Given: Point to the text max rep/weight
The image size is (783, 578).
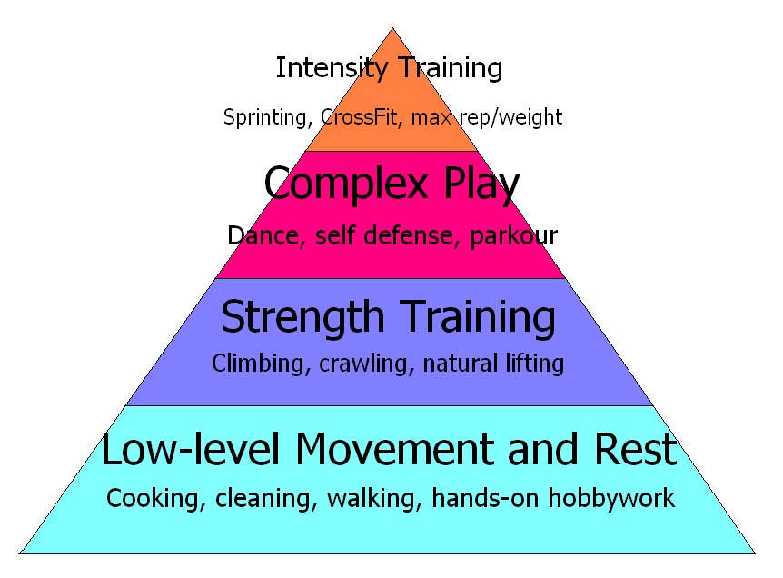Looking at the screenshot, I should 487,117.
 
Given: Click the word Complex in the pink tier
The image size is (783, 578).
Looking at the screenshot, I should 338,184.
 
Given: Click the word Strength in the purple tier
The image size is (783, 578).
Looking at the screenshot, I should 302,317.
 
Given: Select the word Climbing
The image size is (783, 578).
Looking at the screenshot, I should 254,364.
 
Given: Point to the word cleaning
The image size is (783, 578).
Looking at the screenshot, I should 258,498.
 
